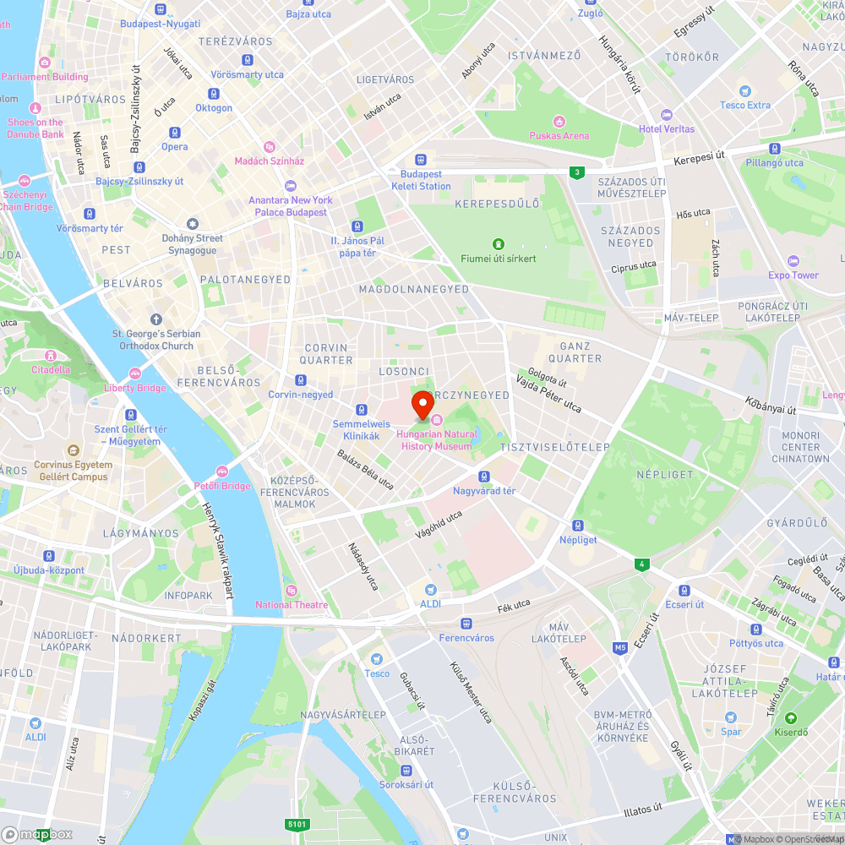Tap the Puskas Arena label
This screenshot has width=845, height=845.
click(559, 135)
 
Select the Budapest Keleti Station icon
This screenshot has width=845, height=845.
click(421, 160)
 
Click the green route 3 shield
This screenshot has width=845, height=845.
click(576, 172)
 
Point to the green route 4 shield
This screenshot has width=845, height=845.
click(643, 564)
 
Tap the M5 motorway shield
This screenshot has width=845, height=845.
click(621, 648)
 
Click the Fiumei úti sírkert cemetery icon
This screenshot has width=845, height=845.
click(499, 244)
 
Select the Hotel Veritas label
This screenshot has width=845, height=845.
click(667, 128)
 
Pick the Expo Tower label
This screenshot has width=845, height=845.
click(793, 275)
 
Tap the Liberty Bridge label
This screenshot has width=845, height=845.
click(135, 388)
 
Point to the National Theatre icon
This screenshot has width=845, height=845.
click(292, 590)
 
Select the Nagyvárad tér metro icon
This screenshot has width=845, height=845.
click(484, 477)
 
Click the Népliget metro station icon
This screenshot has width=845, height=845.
click(578, 526)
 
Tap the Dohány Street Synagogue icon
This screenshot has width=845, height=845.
click(193, 223)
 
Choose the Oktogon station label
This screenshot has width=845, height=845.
click(214, 108)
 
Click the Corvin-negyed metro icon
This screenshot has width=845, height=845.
click(301, 380)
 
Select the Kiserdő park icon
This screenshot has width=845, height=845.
click(792, 718)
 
